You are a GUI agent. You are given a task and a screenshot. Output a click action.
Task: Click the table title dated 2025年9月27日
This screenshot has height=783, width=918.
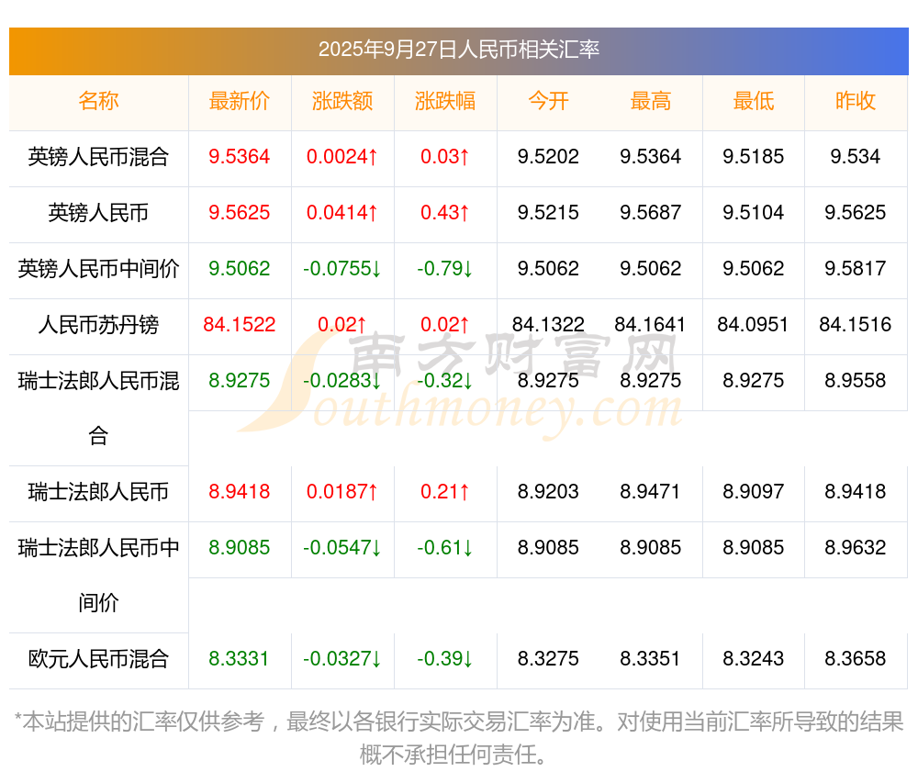[458, 50]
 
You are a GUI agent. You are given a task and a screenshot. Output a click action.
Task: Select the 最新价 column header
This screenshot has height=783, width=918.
[240, 101]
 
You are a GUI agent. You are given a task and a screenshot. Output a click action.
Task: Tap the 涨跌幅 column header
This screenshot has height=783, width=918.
[445, 101]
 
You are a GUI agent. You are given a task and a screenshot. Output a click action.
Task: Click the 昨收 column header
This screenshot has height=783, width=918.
[856, 101]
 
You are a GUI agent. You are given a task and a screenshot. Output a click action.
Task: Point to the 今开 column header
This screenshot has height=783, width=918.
[548, 101]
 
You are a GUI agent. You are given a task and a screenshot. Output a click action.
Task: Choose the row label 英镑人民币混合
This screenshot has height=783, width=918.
[98, 157]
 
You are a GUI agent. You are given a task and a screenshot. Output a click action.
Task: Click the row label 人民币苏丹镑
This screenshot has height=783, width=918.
[98, 325]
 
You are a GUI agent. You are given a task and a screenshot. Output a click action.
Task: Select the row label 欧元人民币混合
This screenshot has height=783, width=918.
[98, 659]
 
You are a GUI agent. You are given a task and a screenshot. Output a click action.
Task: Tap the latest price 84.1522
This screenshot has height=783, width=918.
[240, 325]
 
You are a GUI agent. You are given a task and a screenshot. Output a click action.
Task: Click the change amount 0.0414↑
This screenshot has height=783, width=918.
[342, 213]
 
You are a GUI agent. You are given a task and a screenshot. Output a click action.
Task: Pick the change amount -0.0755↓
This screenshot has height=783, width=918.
[342, 269]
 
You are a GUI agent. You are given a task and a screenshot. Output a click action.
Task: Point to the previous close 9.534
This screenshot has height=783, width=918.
[856, 157]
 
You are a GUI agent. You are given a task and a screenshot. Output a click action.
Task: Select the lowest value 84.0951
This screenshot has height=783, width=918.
[753, 325]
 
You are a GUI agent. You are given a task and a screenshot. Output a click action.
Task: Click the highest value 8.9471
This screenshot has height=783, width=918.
[651, 492]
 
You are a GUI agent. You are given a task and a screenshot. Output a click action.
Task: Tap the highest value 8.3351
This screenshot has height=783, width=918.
[651, 659]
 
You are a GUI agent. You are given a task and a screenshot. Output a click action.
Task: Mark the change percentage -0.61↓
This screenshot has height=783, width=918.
[445, 548]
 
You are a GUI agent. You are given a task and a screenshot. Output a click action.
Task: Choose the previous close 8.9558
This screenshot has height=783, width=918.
[856, 381]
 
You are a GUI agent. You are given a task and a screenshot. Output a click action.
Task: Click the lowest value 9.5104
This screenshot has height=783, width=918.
[753, 213]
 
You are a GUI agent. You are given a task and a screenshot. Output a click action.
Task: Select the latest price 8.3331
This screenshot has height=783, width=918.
[240, 659]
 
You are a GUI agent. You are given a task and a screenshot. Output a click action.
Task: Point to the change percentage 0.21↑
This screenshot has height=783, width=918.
[445, 492]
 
